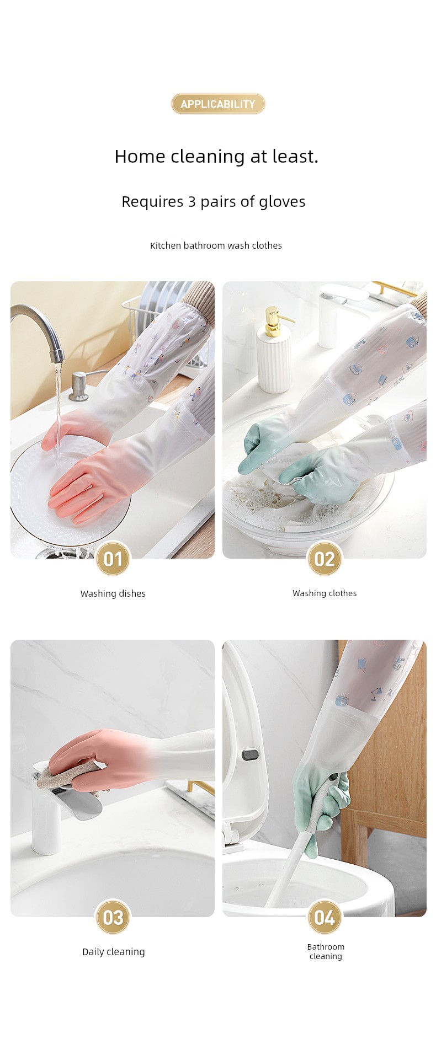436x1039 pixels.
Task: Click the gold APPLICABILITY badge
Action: click(218, 104)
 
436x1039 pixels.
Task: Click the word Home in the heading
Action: click(140, 157)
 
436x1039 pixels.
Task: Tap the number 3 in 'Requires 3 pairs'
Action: click(192, 202)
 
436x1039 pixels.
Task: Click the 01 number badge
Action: click(113, 559)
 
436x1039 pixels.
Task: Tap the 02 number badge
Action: click(325, 559)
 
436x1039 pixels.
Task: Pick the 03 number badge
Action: click(113, 917)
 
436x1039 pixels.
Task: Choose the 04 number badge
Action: click(325, 917)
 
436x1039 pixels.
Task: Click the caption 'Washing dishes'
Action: click(113, 593)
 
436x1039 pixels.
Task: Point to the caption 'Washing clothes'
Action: click(325, 593)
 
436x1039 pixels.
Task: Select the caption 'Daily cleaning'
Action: click(114, 952)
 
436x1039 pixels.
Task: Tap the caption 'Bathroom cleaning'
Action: click(326, 951)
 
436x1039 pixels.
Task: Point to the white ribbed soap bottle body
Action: click(274, 363)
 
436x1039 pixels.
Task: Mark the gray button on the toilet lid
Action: click(249, 753)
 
